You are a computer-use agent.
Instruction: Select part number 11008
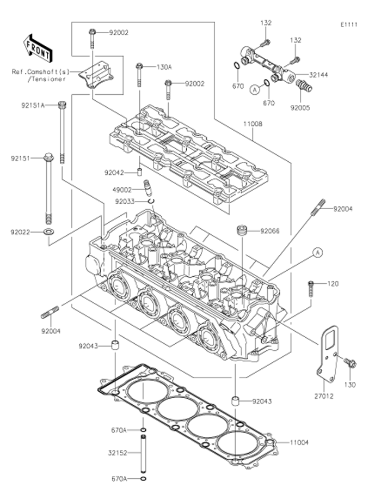pyautogui.click(x=253, y=124)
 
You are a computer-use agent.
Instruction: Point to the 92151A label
pyautogui.click(x=33, y=104)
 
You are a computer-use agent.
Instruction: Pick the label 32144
pyautogui.click(x=317, y=75)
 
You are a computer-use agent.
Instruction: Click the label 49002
pyautogui.click(x=122, y=190)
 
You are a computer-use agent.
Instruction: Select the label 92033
pyautogui.click(x=125, y=201)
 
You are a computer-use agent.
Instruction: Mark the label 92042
pyautogui.click(x=115, y=173)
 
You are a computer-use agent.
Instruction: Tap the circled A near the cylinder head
pyautogui.click(x=317, y=252)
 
